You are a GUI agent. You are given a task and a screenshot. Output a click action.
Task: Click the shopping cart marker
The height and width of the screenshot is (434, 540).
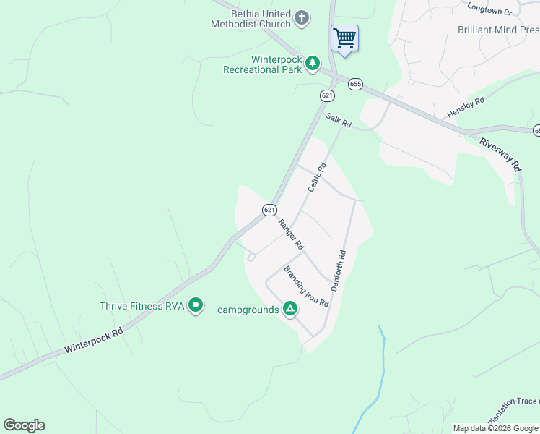(344, 38)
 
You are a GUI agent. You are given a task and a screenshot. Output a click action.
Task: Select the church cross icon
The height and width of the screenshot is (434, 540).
(302, 18)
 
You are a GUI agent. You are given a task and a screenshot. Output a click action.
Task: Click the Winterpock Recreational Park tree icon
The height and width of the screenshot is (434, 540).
(313, 64)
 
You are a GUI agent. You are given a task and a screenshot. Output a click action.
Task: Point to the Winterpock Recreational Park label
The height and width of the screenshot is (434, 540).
(262, 64)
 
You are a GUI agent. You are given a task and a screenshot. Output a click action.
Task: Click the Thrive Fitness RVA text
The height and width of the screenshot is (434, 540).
(142, 306)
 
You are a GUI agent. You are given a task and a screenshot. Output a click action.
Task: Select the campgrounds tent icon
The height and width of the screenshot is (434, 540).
(289, 310)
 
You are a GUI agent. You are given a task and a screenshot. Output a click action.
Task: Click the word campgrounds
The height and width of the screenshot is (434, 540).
(248, 310)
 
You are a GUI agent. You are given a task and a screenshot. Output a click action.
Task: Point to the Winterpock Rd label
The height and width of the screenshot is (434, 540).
(94, 338)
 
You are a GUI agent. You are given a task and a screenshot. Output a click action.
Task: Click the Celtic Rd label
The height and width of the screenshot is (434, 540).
(317, 177)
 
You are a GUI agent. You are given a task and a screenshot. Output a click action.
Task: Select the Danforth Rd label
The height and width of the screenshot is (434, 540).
(339, 271)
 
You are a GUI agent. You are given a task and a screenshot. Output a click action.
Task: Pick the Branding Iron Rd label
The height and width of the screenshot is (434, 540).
(306, 287)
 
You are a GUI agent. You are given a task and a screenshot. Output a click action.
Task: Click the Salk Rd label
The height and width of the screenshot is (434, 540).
(338, 121)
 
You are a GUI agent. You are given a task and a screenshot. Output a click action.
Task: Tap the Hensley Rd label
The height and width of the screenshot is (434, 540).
(466, 109)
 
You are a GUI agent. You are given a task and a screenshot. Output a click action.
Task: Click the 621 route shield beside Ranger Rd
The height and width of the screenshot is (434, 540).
(269, 210)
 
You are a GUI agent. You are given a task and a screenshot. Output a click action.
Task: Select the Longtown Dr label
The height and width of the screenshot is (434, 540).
(489, 10)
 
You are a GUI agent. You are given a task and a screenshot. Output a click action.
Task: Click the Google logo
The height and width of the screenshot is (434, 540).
(24, 425)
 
